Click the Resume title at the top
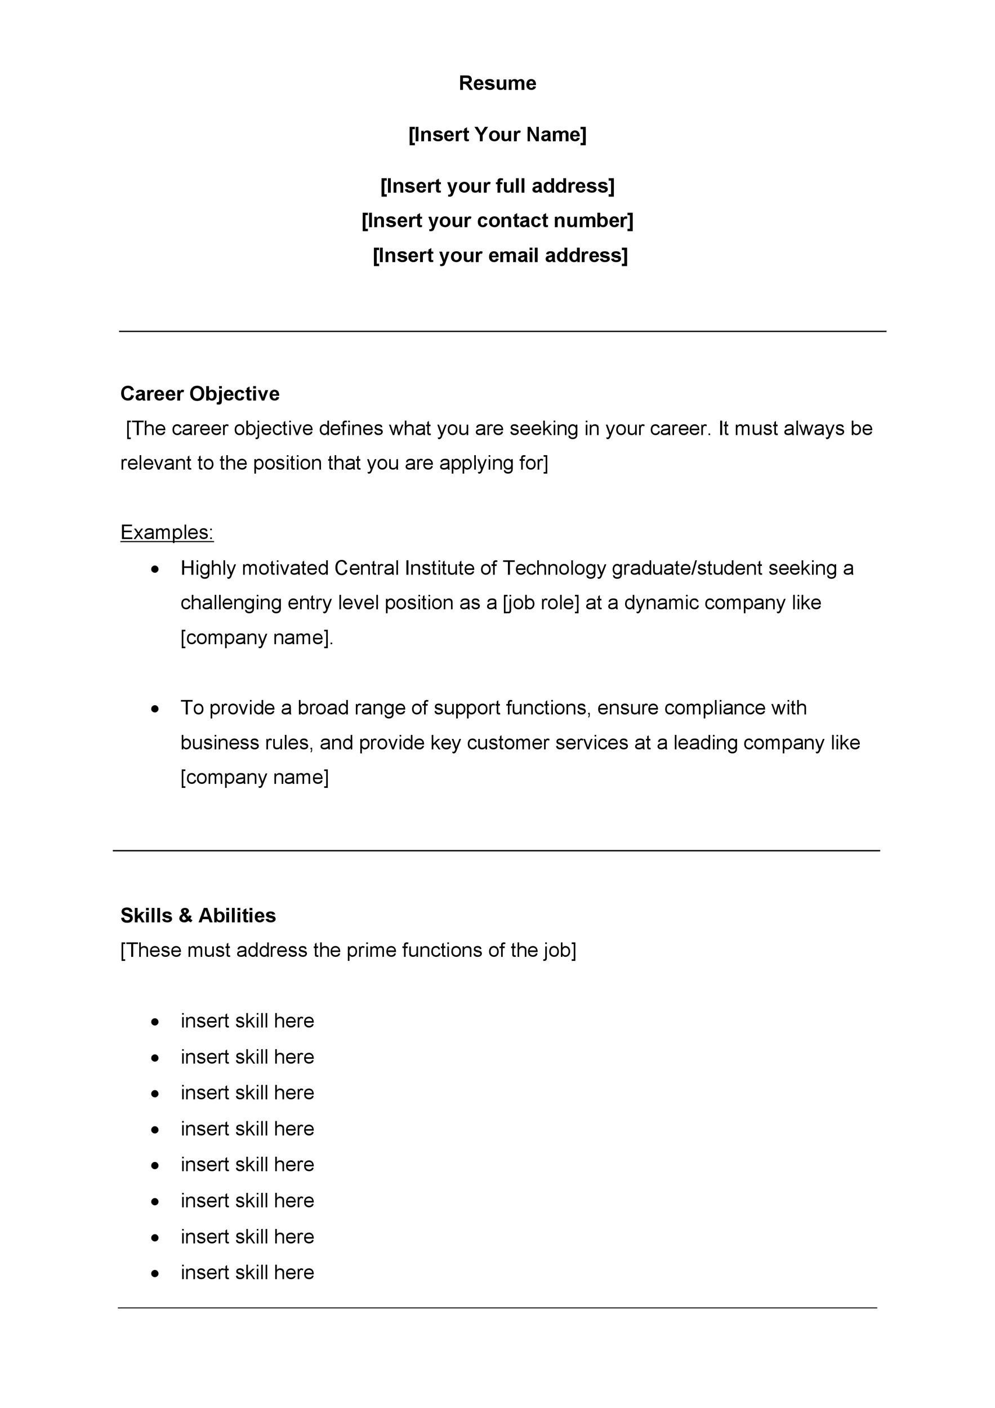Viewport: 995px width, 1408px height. point(497,83)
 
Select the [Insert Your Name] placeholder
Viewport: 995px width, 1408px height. point(497,134)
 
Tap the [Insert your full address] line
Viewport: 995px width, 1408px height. point(497,186)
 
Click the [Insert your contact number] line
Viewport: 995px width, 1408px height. point(497,220)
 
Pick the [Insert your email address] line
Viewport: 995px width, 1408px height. point(499,255)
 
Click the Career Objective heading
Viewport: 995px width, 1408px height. point(200,394)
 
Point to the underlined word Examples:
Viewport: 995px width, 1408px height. point(167,532)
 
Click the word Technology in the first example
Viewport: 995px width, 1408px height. point(554,568)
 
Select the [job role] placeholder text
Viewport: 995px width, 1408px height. point(541,603)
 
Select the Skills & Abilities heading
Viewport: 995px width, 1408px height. point(198,916)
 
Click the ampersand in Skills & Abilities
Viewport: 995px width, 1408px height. point(185,916)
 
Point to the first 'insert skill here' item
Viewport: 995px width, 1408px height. point(247,1021)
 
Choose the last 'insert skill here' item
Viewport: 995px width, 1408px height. point(247,1272)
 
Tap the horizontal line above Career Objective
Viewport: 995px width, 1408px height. point(503,332)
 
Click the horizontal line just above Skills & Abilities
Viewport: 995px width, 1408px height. point(497,850)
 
